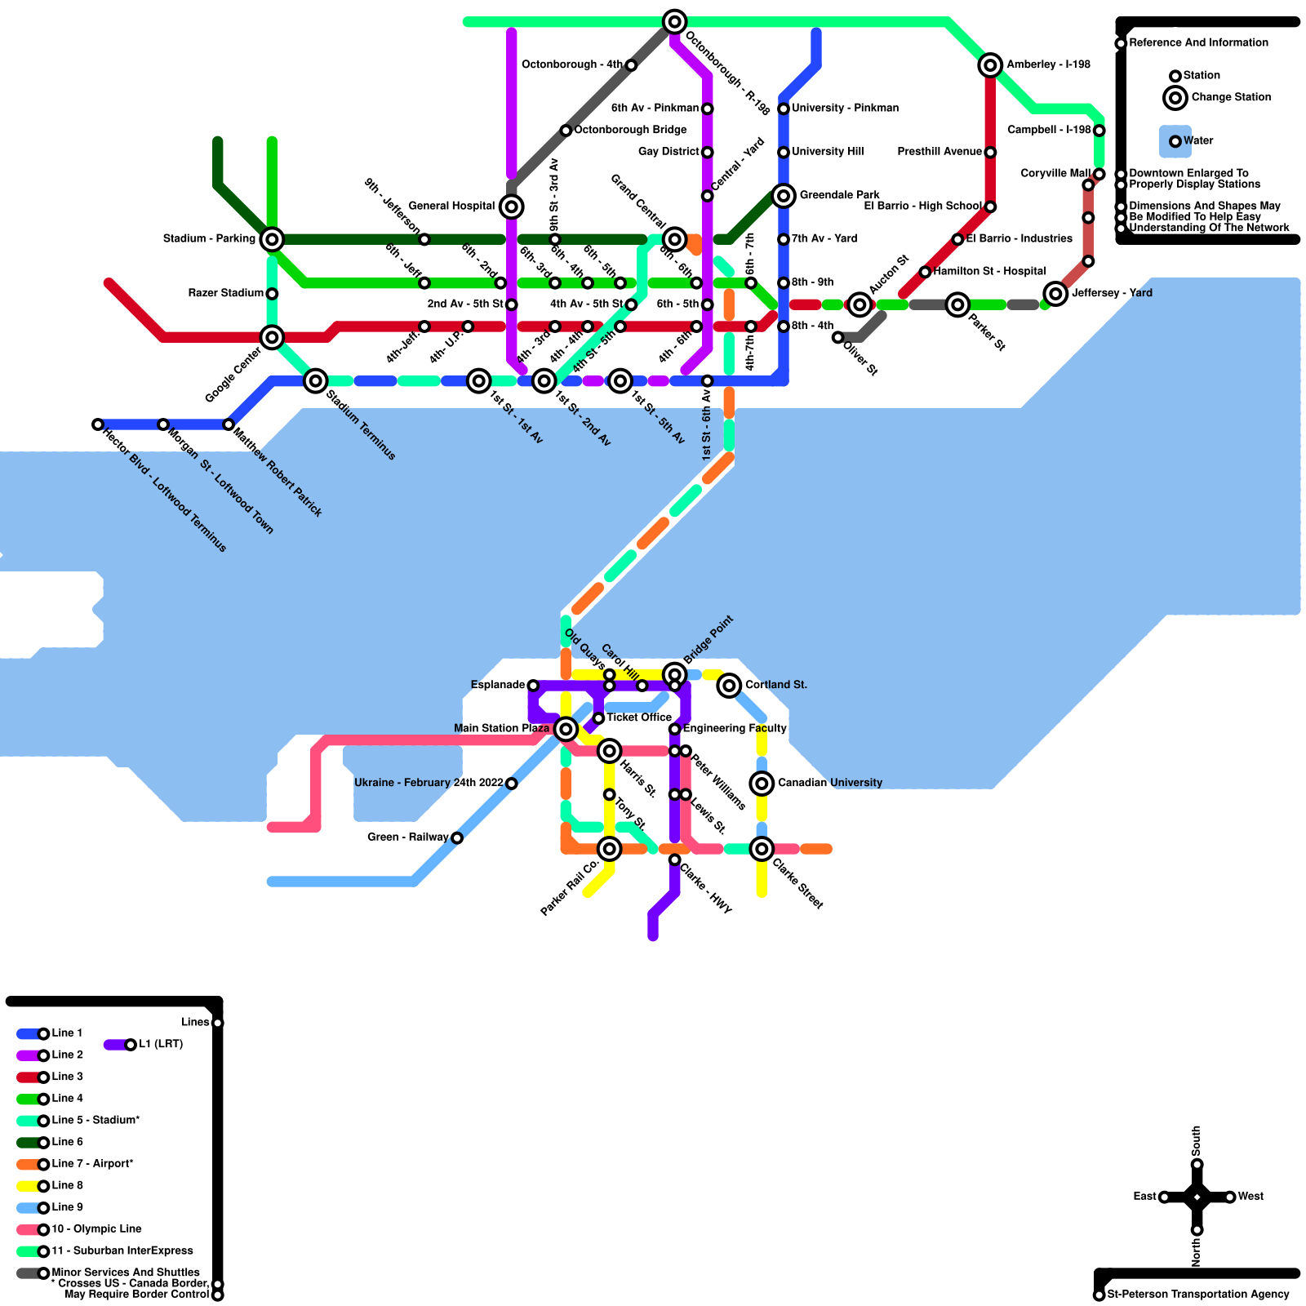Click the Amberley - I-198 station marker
tap(990, 65)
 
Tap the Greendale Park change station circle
tap(784, 196)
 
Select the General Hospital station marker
tap(511, 207)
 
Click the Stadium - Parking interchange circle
tap(272, 239)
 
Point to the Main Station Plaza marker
tap(566, 729)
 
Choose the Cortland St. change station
tap(729, 686)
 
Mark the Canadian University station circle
tap(762, 784)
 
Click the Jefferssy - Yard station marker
tap(1055, 294)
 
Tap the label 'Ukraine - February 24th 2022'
tap(429, 783)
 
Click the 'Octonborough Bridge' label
tap(630, 130)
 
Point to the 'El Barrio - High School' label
tap(922, 206)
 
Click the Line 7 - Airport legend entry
tap(91, 1163)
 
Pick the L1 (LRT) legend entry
tap(160, 1044)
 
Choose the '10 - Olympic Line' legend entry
tap(96, 1228)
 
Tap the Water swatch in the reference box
tap(1175, 141)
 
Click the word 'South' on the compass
tap(1197, 1136)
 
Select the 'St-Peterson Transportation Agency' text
tap(1197, 1294)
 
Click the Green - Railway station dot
tap(457, 838)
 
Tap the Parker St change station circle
tap(957, 304)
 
